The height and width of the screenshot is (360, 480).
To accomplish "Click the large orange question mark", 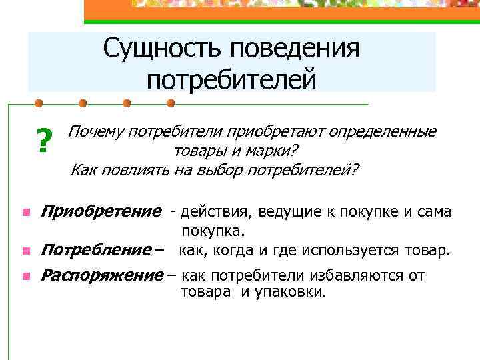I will (x=44, y=141).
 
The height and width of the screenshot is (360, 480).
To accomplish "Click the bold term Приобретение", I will (x=101, y=212).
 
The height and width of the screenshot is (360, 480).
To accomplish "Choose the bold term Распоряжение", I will (x=101, y=275).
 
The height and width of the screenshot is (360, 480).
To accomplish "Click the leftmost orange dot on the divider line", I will (x=39, y=104).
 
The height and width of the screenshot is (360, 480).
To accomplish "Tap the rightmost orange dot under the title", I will (x=171, y=104).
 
